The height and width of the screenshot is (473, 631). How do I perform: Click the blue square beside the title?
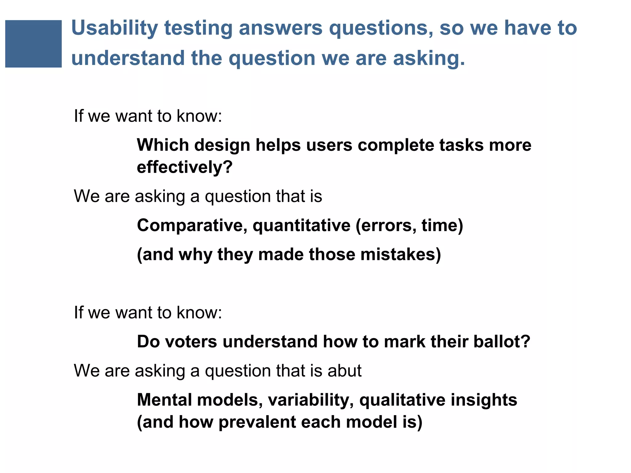33,44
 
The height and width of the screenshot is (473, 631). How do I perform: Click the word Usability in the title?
114,28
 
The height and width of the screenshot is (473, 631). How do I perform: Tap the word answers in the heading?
280,28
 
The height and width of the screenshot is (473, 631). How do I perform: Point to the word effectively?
185,167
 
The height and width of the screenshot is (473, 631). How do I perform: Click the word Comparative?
192,226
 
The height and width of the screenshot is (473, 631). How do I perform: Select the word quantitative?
301,226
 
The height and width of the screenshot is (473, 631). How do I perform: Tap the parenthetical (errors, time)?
409,226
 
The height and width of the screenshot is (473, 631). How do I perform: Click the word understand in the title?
128,59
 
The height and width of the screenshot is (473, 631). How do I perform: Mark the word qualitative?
402,400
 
